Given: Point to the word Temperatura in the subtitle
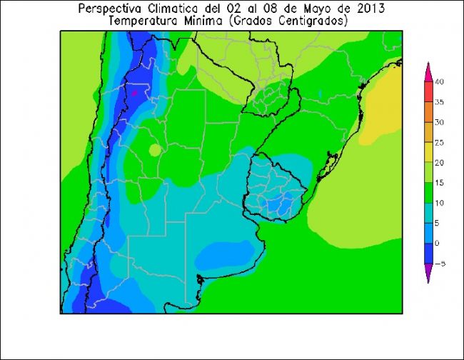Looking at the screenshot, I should pos(144,21).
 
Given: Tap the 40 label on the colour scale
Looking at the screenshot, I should pos(440,82).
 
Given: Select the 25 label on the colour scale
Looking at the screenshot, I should pos(440,142).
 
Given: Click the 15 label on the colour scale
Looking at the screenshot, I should pos(440,183).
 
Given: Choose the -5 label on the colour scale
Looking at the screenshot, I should pos(439,264).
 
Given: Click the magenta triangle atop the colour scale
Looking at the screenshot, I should pos(428,71).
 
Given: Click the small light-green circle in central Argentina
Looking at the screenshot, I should pos(155,150).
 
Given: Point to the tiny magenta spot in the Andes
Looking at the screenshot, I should pos(133,92).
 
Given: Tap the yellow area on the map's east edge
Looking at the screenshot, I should pos(386,107).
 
